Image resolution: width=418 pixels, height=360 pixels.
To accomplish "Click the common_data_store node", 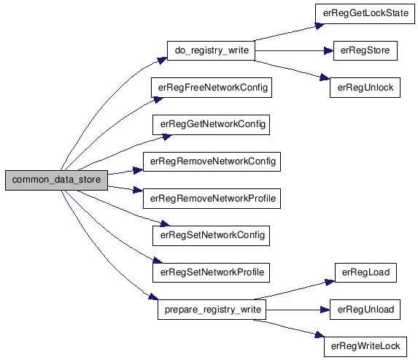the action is click(56, 180).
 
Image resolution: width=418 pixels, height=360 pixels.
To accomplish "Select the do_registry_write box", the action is click(211, 50).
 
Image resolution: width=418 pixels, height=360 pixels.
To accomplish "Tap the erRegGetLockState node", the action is click(365, 14).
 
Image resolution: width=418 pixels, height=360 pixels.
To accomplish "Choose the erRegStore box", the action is click(365, 50).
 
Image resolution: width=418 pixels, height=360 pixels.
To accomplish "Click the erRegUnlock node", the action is click(365, 88).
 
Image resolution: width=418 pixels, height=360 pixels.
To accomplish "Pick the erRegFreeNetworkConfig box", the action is click(212, 88).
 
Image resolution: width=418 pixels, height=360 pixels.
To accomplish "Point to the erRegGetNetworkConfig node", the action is click(211, 125).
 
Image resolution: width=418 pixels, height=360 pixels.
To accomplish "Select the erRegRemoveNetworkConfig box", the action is click(212, 161).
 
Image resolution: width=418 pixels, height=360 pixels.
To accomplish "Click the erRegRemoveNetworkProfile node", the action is click(212, 199).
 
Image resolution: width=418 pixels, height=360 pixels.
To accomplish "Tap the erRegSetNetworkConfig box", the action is click(211, 236).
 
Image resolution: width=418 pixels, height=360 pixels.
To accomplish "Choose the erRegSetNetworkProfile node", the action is click(211, 272).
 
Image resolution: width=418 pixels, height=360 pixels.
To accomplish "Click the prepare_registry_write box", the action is click(212, 310).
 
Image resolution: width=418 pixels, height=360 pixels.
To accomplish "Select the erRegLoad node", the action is click(365, 272).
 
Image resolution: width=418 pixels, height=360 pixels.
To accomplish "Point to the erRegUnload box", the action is click(365, 310).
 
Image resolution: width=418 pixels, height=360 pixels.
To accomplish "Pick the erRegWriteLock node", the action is click(365, 347).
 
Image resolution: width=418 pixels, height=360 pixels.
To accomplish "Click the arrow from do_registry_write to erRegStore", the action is click(294, 50).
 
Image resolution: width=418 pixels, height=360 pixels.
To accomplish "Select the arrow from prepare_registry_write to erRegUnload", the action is click(298, 310).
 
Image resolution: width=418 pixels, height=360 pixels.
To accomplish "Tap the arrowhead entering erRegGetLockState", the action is click(320, 26).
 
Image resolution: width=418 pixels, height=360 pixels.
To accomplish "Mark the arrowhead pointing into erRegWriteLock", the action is click(320, 334).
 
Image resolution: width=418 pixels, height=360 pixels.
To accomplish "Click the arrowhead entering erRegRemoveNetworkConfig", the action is click(138, 171).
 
